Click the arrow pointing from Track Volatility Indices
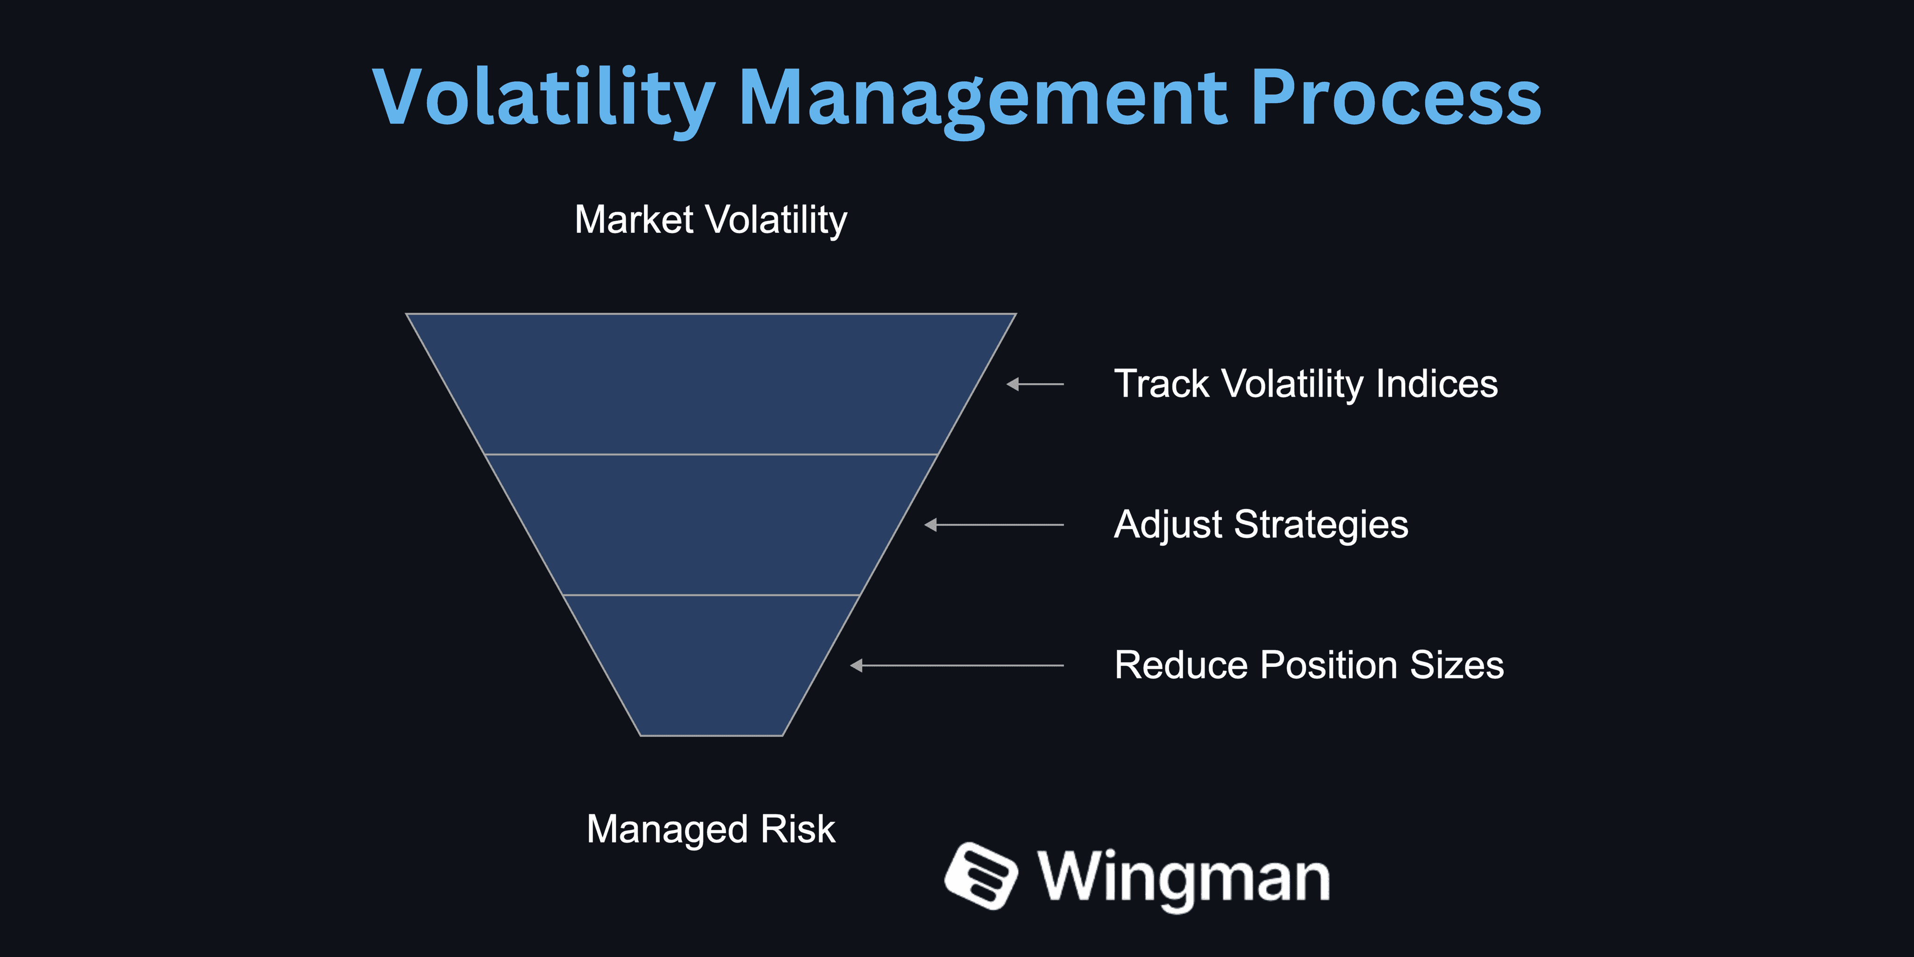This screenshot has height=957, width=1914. click(x=1035, y=384)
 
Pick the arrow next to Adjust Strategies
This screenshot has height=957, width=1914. click(x=994, y=525)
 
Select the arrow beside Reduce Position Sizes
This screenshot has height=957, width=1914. click(x=957, y=665)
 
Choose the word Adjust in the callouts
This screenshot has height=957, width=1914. click(x=1168, y=525)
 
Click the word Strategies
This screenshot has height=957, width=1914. click(x=1321, y=525)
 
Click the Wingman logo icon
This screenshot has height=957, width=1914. click(x=981, y=875)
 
